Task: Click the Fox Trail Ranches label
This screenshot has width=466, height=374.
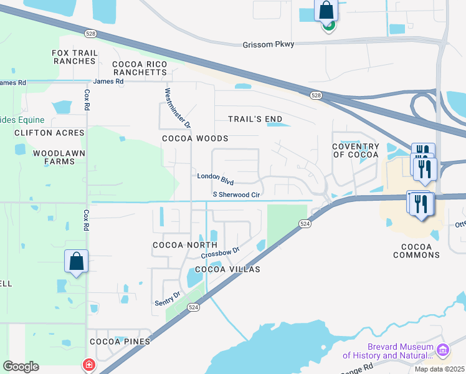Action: pyautogui.click(x=74, y=57)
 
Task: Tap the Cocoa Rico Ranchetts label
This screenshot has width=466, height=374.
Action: pyautogui.click(x=140, y=68)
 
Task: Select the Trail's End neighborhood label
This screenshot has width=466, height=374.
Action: pyautogui.click(x=255, y=119)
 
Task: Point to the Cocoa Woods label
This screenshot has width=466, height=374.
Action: pyautogui.click(x=195, y=138)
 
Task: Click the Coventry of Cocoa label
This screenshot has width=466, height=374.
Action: pyautogui.click(x=356, y=150)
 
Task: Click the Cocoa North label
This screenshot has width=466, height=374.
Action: pyautogui.click(x=176, y=245)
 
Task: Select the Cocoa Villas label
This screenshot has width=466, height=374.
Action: pyautogui.click(x=227, y=269)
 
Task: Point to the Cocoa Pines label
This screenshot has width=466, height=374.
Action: pyautogui.click(x=120, y=342)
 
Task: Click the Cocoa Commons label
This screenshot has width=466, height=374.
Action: pyautogui.click(x=416, y=251)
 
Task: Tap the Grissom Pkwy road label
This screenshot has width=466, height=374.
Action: pyautogui.click(x=268, y=44)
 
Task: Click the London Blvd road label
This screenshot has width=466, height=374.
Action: pyautogui.click(x=215, y=178)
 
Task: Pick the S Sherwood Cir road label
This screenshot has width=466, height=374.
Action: pyautogui.click(x=236, y=195)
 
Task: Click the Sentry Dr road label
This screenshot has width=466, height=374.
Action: pyautogui.click(x=168, y=299)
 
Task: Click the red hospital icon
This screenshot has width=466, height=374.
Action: pyautogui.click(x=89, y=364)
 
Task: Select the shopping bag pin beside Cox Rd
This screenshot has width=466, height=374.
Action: pyautogui.click(x=76, y=262)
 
